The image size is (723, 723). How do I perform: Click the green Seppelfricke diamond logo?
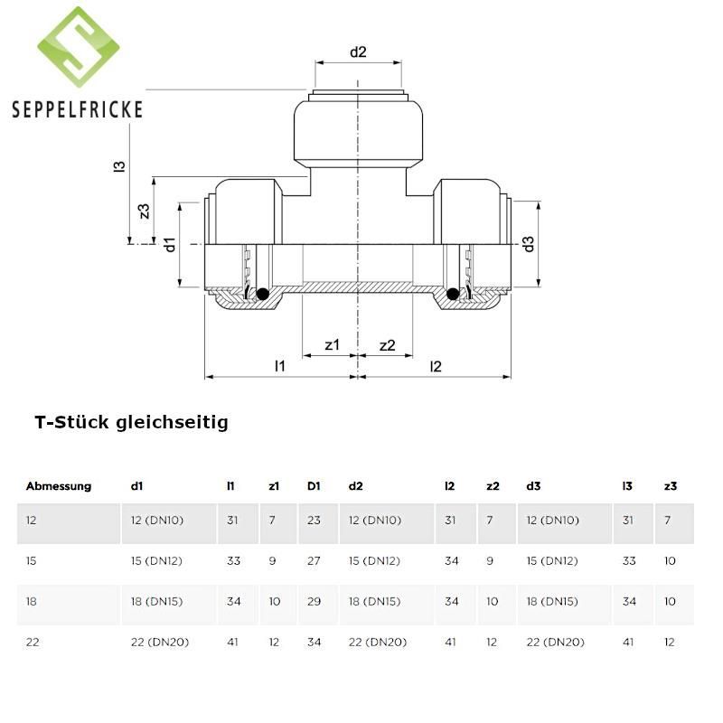pyautogui.click(x=79, y=47)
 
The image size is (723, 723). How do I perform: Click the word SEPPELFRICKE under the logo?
pyautogui.click(x=77, y=109)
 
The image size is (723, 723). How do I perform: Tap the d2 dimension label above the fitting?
pyautogui.click(x=358, y=52)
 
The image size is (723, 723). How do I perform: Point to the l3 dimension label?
pyautogui.click(x=119, y=166)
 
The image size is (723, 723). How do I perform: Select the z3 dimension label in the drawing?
pyautogui.click(x=145, y=211)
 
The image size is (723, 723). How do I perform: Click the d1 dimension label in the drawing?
pyautogui.click(x=170, y=245)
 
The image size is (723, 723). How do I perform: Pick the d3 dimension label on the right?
pyautogui.click(x=528, y=244)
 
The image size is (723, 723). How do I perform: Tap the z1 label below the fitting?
pyautogui.click(x=332, y=344)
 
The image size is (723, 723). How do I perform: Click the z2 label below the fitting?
pyautogui.click(x=387, y=345)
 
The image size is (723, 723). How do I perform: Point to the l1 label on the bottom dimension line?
pyautogui.click(x=280, y=366)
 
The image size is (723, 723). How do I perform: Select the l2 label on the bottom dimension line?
pyautogui.click(x=436, y=366)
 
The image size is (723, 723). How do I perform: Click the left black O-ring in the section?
pyautogui.click(x=262, y=294)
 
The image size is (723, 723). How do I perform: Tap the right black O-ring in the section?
pyautogui.click(x=453, y=294)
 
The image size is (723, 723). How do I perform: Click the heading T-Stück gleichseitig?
pyautogui.click(x=131, y=422)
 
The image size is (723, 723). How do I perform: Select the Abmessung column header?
pyautogui.click(x=59, y=486)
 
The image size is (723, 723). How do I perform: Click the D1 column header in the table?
pyautogui.click(x=314, y=486)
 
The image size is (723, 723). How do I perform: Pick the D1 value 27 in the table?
pyautogui.click(x=314, y=560)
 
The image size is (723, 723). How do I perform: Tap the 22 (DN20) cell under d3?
pyautogui.click(x=555, y=642)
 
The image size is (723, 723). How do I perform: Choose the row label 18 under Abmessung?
pyautogui.click(x=32, y=601)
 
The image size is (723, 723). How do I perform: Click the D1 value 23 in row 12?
pyautogui.click(x=314, y=521)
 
